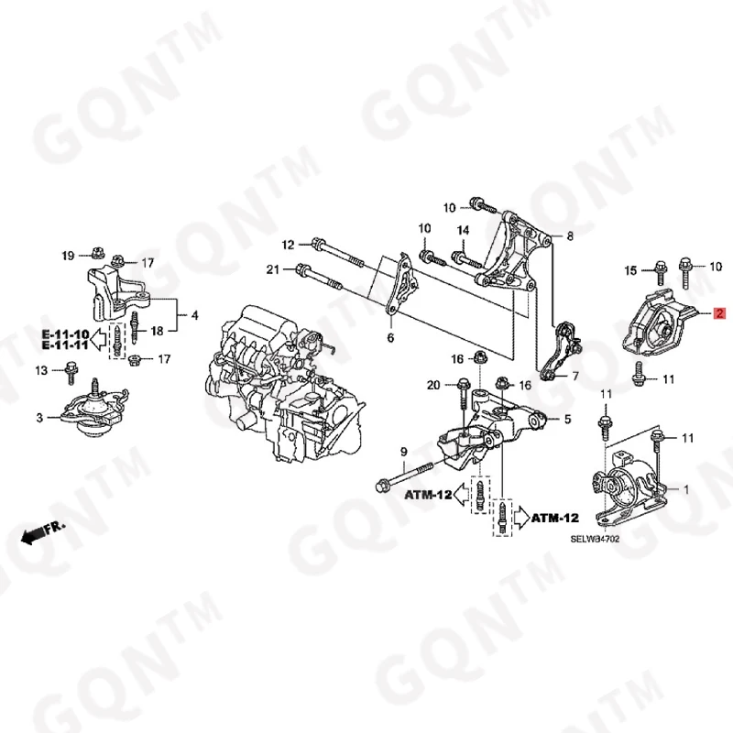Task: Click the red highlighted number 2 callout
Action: [719, 313]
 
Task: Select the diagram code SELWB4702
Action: [595, 539]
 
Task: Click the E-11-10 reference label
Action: [65, 334]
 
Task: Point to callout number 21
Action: [273, 269]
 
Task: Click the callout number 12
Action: [288, 245]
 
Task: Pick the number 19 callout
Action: [68, 256]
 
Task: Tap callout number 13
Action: [41, 370]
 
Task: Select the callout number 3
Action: [39, 418]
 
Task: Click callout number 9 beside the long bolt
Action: [403, 452]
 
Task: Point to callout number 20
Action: [433, 385]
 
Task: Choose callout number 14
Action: [463, 230]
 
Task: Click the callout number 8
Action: [569, 236]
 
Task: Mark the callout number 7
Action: [575, 376]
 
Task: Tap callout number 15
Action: [630, 270]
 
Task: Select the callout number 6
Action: [390, 337]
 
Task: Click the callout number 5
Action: [567, 419]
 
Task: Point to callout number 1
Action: [686, 490]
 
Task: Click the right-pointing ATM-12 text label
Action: [555, 518]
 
